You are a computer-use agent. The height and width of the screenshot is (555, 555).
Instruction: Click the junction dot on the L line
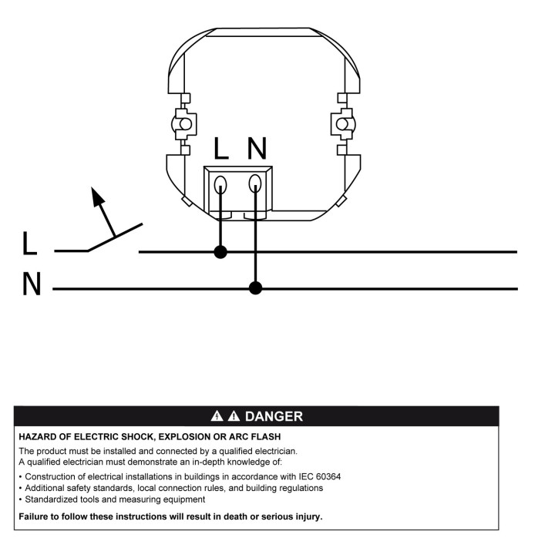click(x=220, y=252)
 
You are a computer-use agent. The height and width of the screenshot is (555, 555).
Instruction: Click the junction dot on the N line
click(x=255, y=288)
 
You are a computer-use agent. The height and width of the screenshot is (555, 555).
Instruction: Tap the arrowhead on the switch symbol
click(x=96, y=197)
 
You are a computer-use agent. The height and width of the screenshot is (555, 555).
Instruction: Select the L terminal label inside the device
click(x=221, y=148)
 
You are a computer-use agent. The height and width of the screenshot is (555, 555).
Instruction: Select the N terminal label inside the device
click(x=257, y=148)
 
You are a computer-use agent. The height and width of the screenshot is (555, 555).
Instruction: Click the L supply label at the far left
click(x=29, y=244)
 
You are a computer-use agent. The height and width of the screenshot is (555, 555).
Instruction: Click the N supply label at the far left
click(x=32, y=284)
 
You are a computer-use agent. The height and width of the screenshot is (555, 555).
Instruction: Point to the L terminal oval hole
click(x=220, y=184)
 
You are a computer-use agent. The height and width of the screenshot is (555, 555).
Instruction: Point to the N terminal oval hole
click(x=255, y=183)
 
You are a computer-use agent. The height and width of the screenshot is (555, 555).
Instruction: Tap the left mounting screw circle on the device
click(x=186, y=124)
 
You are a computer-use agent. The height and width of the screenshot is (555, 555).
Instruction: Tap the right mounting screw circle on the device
click(x=342, y=124)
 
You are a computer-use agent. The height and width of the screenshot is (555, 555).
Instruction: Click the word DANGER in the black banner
click(x=274, y=416)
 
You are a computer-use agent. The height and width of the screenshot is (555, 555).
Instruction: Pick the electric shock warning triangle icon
click(x=217, y=416)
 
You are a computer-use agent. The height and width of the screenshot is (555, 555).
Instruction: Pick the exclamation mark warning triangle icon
click(x=234, y=416)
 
